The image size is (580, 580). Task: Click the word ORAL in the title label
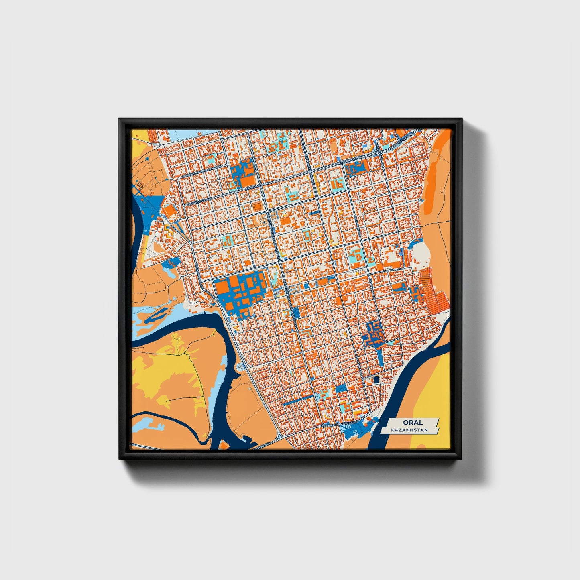click(x=411, y=422)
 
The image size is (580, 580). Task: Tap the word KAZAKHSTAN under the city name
click(x=411, y=430)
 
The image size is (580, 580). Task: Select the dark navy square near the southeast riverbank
click(x=376, y=379)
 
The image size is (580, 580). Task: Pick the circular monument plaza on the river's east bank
click(x=240, y=367)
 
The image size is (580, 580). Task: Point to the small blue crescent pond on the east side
click(x=416, y=241)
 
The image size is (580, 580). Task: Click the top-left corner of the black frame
click(x=120, y=119)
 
